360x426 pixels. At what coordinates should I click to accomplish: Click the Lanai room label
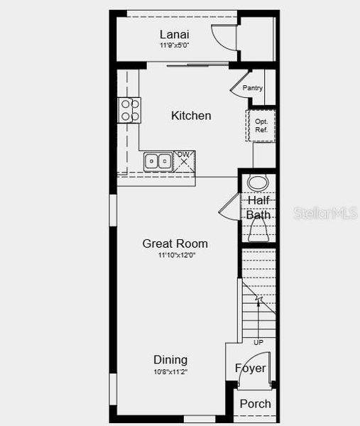pos(174,34)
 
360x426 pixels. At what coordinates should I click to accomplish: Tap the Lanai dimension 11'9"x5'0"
pos(174,45)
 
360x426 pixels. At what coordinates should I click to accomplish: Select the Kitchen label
pos(191,115)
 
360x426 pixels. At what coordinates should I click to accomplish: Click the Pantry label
pos(253,88)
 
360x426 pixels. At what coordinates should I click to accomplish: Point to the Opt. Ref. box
pos(261,126)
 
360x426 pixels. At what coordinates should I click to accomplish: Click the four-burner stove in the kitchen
pos(129,110)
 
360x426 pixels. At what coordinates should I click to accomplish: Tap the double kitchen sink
pos(158,162)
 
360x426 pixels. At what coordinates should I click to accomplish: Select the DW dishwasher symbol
pos(185,160)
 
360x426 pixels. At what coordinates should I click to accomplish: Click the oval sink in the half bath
pos(258,182)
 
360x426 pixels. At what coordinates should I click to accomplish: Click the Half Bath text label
pos(258,207)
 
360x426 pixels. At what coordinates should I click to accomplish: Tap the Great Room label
pos(175,244)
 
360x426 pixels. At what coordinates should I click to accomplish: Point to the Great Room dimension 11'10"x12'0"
pos(175,255)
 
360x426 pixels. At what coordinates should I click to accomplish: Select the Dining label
pos(170,359)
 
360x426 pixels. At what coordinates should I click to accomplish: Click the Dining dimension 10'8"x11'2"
pos(170,371)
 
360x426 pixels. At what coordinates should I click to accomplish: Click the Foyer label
pos(251,368)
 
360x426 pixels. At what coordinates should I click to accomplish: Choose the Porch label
pos(255,403)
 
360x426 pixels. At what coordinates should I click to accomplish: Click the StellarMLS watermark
pos(326,213)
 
